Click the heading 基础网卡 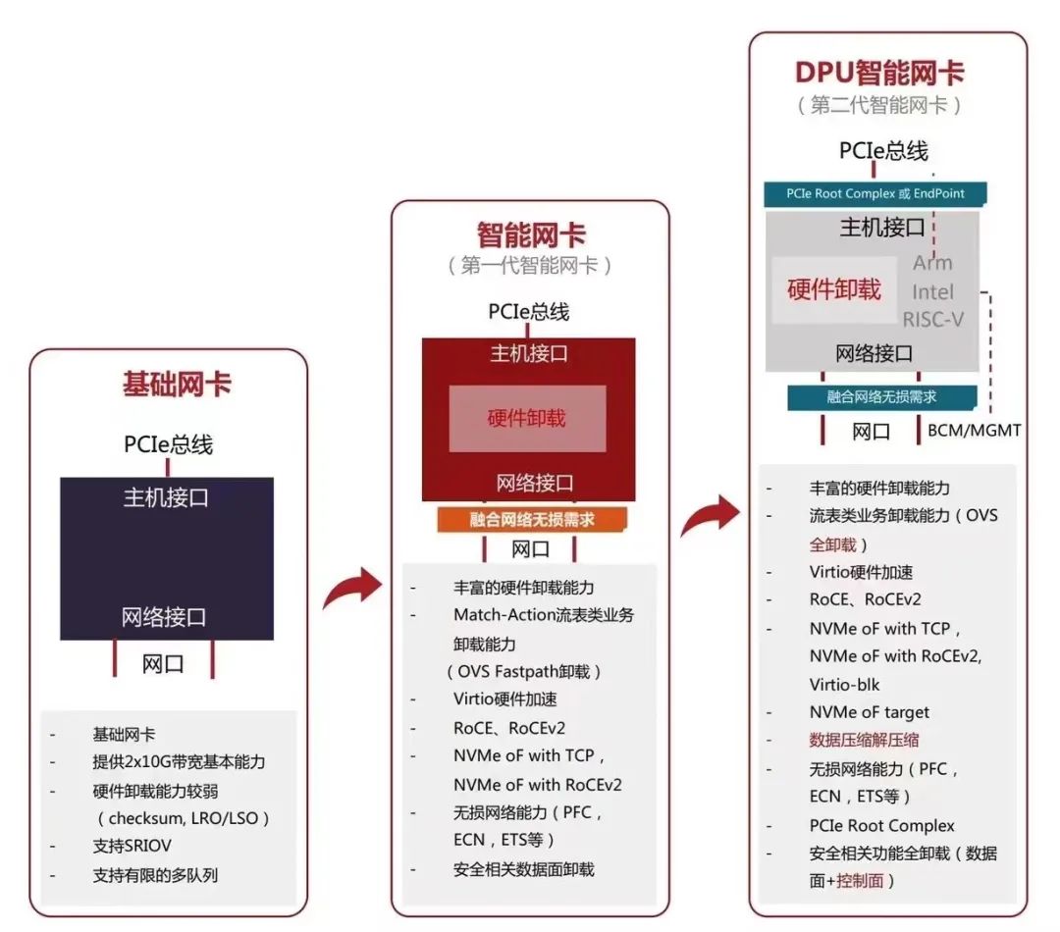(x=177, y=384)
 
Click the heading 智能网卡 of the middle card (x=531, y=235)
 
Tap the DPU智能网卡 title (x=878, y=72)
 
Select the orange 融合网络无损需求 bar (x=530, y=519)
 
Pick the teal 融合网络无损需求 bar (x=882, y=397)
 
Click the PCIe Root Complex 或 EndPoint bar (x=875, y=194)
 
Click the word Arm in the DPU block (x=931, y=263)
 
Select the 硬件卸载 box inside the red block (x=527, y=419)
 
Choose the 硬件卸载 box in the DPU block (x=834, y=290)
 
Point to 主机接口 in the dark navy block (x=166, y=497)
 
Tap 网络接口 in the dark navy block (x=164, y=617)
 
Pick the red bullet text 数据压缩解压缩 (x=864, y=741)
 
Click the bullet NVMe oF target (x=869, y=712)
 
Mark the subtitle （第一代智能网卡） (x=530, y=266)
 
